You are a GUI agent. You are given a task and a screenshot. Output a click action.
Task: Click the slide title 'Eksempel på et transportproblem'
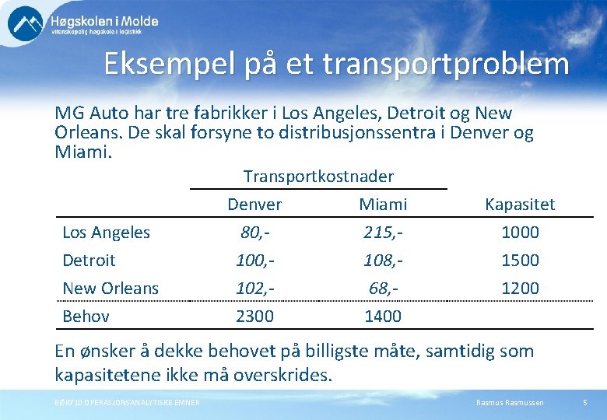click(336, 64)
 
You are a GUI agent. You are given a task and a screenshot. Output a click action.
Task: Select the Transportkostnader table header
click(318, 177)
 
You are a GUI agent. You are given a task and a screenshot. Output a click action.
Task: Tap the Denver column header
click(254, 205)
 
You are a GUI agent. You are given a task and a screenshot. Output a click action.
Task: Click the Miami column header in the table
click(383, 205)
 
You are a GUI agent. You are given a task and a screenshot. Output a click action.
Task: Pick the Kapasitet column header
click(520, 205)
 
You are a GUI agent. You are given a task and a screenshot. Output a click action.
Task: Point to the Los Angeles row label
click(107, 233)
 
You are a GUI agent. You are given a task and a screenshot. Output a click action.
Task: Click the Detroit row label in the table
click(89, 261)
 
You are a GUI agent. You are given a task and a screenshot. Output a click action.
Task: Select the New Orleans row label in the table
click(111, 289)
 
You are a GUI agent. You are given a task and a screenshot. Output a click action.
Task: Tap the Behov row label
click(86, 317)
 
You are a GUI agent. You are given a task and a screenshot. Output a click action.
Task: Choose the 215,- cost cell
click(383, 233)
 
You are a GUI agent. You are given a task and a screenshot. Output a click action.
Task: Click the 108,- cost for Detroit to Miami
click(383, 261)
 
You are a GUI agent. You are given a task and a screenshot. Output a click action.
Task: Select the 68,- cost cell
click(383, 289)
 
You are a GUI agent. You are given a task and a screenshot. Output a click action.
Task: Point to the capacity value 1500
click(520, 261)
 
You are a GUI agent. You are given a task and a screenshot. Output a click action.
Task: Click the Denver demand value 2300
click(254, 317)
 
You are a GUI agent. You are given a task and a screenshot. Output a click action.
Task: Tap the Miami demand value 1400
click(383, 317)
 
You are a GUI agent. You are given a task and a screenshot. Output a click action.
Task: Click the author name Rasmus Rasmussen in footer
click(510, 402)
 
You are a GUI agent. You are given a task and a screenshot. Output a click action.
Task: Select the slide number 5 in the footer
click(584, 402)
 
